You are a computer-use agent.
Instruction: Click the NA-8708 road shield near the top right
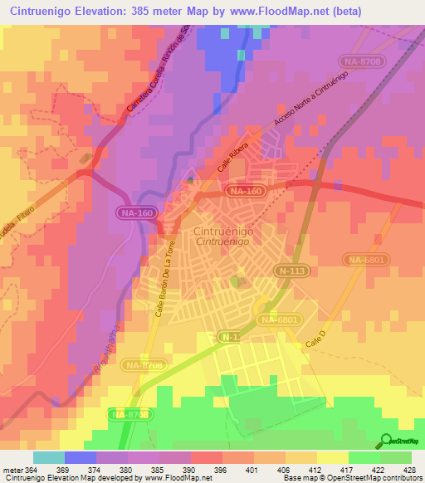pos(362,61)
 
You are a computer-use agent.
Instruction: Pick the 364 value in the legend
pos(30,470)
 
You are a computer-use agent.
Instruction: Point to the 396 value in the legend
pos(222,470)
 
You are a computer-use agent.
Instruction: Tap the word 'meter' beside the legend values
pos(11,470)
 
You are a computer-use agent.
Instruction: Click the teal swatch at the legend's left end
pos(48,457)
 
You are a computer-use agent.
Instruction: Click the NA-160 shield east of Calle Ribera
pos(251,192)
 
